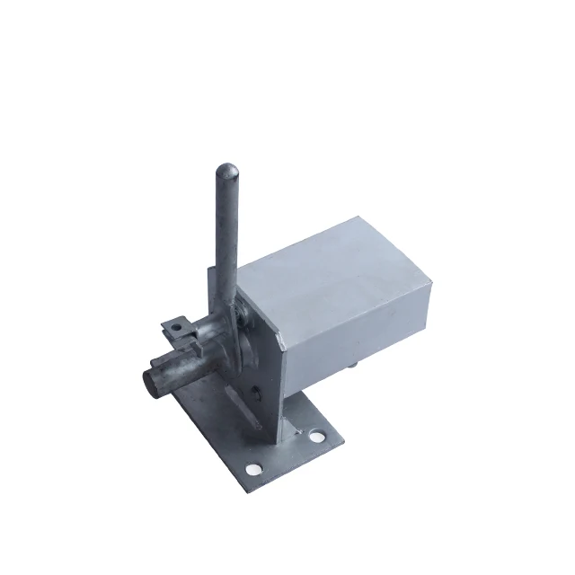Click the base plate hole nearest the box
coord(315,438)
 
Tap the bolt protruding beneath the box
coord(352,364)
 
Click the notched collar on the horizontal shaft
coord(193,346)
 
